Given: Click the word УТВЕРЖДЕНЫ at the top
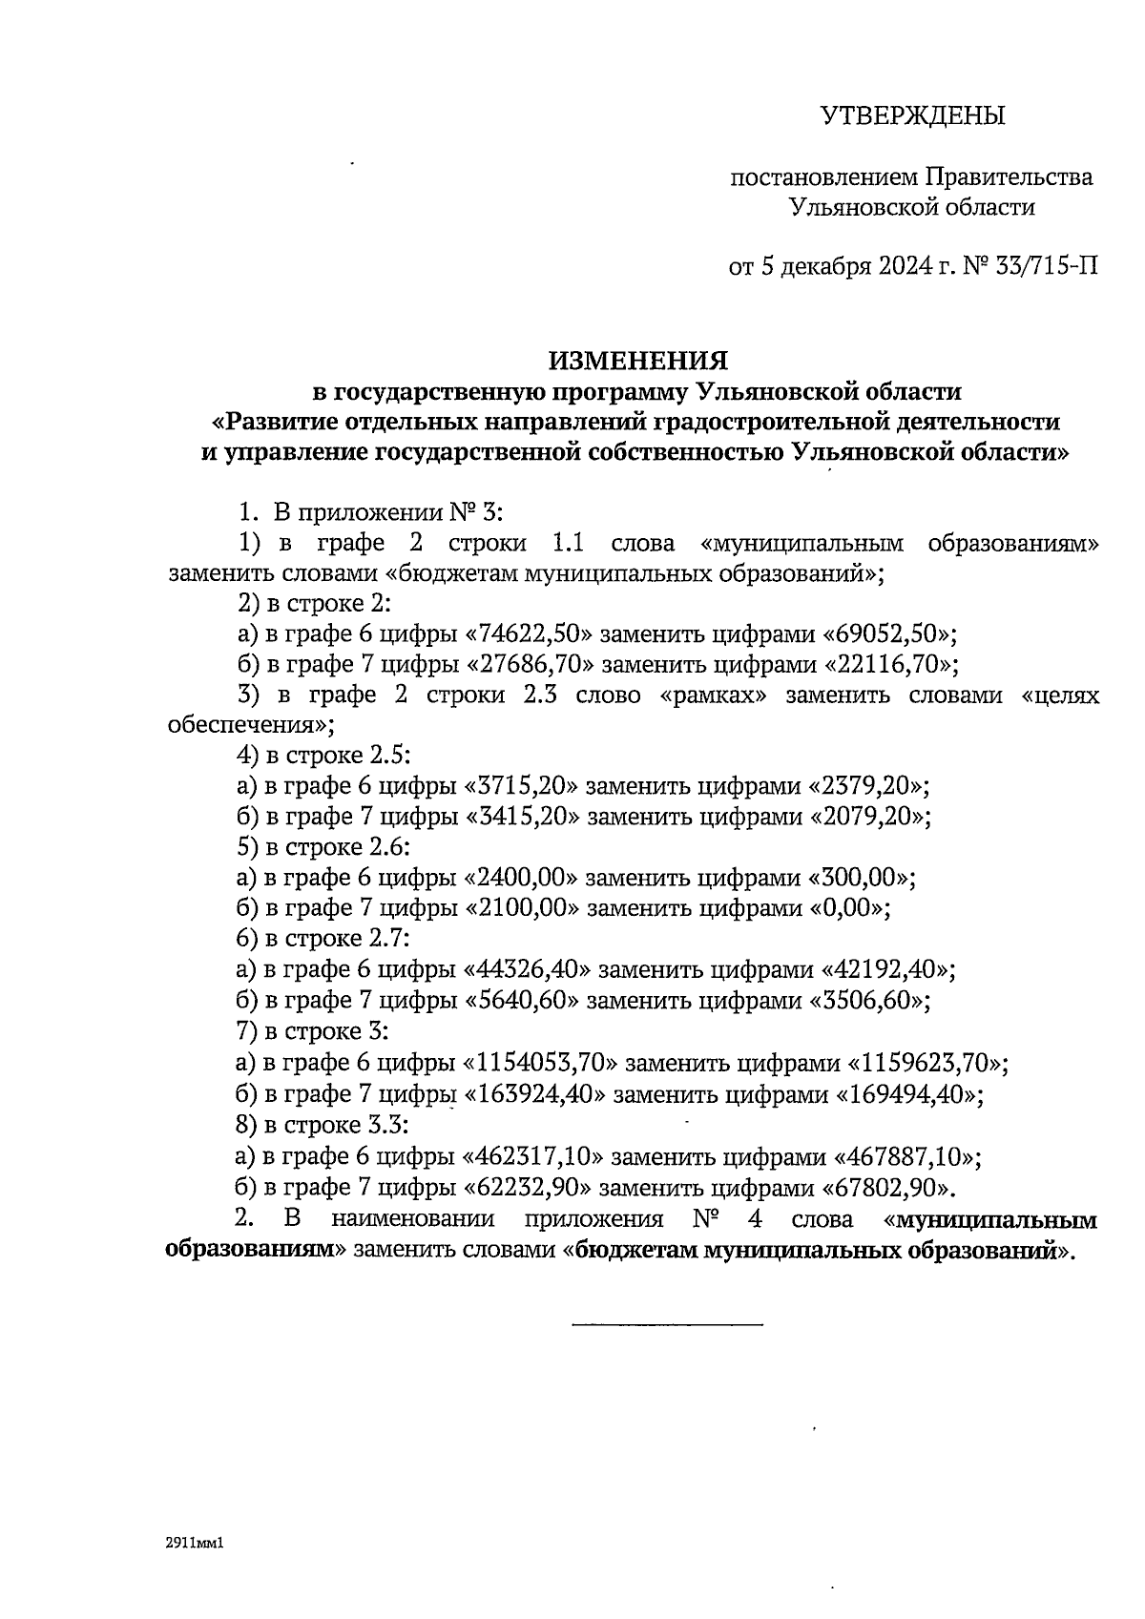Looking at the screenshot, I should pyautogui.click(x=913, y=116).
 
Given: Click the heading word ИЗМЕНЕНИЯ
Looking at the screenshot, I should pyautogui.click(x=637, y=361).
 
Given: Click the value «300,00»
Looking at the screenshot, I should pyautogui.click(x=862, y=879).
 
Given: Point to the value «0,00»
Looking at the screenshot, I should pyautogui.click(x=848, y=909).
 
